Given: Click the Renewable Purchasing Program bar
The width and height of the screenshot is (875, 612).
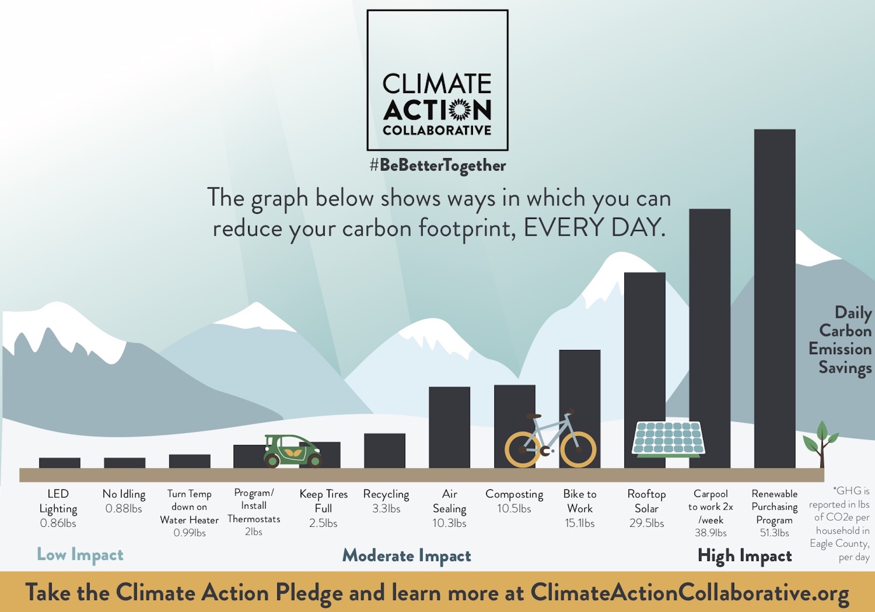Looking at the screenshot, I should pos(774,297).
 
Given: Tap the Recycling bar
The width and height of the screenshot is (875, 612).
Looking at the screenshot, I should pos(385,450).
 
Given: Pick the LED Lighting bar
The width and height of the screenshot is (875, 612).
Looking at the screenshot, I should pos(59,463).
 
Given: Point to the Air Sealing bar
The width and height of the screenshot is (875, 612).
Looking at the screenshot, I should pos(449,426).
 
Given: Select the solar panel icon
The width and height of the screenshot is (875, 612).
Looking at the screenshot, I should pos(668,438).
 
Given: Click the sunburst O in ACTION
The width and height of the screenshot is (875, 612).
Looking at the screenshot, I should pos(459,109).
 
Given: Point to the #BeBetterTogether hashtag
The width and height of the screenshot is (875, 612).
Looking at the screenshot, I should pos(437,165).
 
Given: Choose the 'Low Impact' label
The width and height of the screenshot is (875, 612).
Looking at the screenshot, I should pos(80,555).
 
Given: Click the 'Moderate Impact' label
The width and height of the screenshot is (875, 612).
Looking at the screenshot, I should pos(406,556).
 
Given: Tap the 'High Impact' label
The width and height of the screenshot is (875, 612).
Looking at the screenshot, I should pos(745,556).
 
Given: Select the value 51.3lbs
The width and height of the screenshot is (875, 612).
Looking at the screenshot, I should pos(774,533).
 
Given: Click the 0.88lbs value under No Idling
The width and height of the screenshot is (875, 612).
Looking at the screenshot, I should pos(124,508).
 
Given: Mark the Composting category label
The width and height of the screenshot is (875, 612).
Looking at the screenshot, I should pos(514,494).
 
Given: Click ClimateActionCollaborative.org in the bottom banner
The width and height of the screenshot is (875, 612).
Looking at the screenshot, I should pos(689,593).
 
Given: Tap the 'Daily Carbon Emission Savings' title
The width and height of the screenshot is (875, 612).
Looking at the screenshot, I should pos(840,340).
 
